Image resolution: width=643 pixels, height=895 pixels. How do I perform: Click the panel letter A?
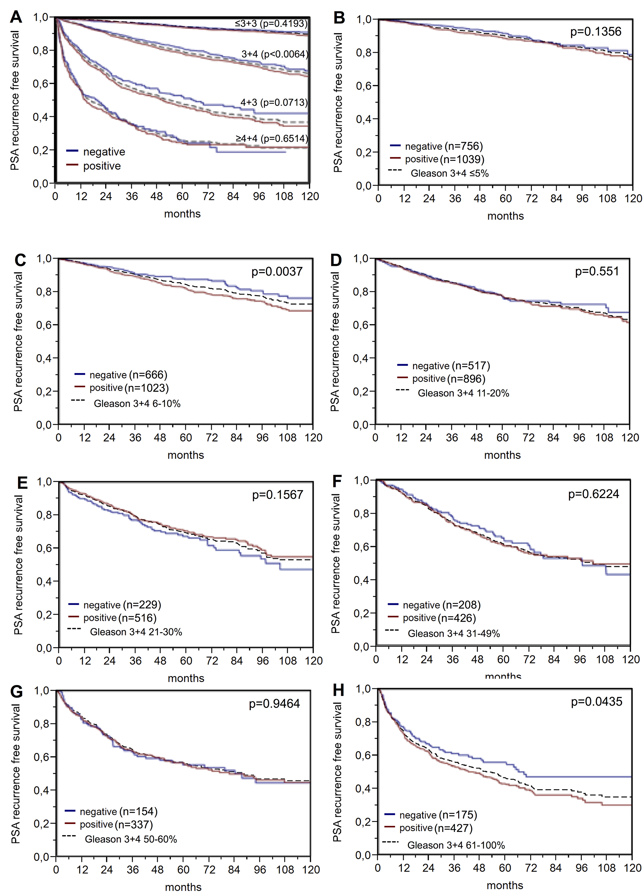[16, 17]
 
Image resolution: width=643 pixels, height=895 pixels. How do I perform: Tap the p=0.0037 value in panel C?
[277, 271]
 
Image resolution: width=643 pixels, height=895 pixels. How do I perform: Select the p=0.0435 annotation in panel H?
[596, 702]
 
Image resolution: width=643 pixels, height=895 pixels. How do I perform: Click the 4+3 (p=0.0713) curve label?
[274, 103]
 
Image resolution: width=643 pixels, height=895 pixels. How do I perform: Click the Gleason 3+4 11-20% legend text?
[463, 393]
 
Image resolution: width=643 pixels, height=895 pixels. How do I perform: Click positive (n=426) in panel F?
[439, 618]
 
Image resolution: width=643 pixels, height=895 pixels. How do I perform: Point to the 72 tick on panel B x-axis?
[531, 198]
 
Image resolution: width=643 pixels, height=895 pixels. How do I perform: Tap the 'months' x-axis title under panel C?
[186, 455]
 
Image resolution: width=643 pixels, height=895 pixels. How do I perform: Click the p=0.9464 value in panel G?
[274, 704]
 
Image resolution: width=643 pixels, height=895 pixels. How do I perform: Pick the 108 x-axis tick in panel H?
[607, 868]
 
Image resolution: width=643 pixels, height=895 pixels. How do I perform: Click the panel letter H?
[339, 690]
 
